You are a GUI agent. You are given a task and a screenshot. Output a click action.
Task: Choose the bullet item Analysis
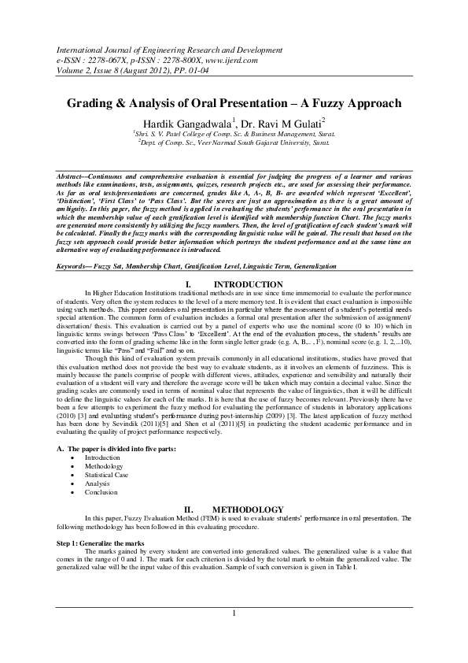98,483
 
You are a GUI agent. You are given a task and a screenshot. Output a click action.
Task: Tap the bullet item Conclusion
101,492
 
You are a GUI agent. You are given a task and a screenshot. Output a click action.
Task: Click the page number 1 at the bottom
234,613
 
